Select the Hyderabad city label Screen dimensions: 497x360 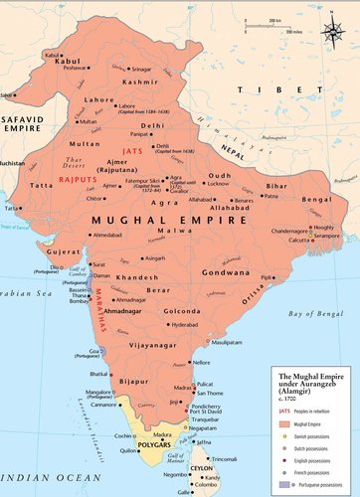coord(185,324)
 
